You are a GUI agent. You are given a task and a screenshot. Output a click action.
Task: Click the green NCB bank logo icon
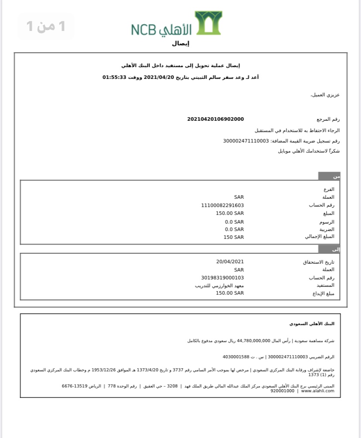[x=208, y=23]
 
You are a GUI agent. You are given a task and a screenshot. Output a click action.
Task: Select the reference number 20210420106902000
[x=215, y=119]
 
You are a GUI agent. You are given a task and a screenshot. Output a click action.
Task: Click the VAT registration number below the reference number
[x=246, y=141]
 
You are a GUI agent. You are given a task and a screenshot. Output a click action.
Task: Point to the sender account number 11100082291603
[x=222, y=205]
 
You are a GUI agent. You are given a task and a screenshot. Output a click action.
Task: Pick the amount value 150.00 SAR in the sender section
[x=230, y=213]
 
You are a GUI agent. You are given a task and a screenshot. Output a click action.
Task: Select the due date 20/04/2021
[x=230, y=261]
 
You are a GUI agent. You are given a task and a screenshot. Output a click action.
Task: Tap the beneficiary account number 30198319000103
[x=222, y=278]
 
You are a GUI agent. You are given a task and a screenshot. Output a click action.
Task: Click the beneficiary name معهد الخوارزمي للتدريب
[x=219, y=285]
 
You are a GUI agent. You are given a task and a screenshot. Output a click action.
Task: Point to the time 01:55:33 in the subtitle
[x=114, y=77]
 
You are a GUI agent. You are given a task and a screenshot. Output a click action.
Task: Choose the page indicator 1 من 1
[x=46, y=26]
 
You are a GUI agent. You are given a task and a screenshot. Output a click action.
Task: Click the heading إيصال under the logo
[x=180, y=44]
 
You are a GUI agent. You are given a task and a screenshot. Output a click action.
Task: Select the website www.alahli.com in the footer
[x=317, y=391]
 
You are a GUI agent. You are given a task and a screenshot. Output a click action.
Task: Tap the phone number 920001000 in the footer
[x=282, y=391]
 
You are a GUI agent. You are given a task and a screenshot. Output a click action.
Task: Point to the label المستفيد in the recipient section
[x=325, y=285]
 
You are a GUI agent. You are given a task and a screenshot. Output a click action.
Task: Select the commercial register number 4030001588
[x=235, y=357]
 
